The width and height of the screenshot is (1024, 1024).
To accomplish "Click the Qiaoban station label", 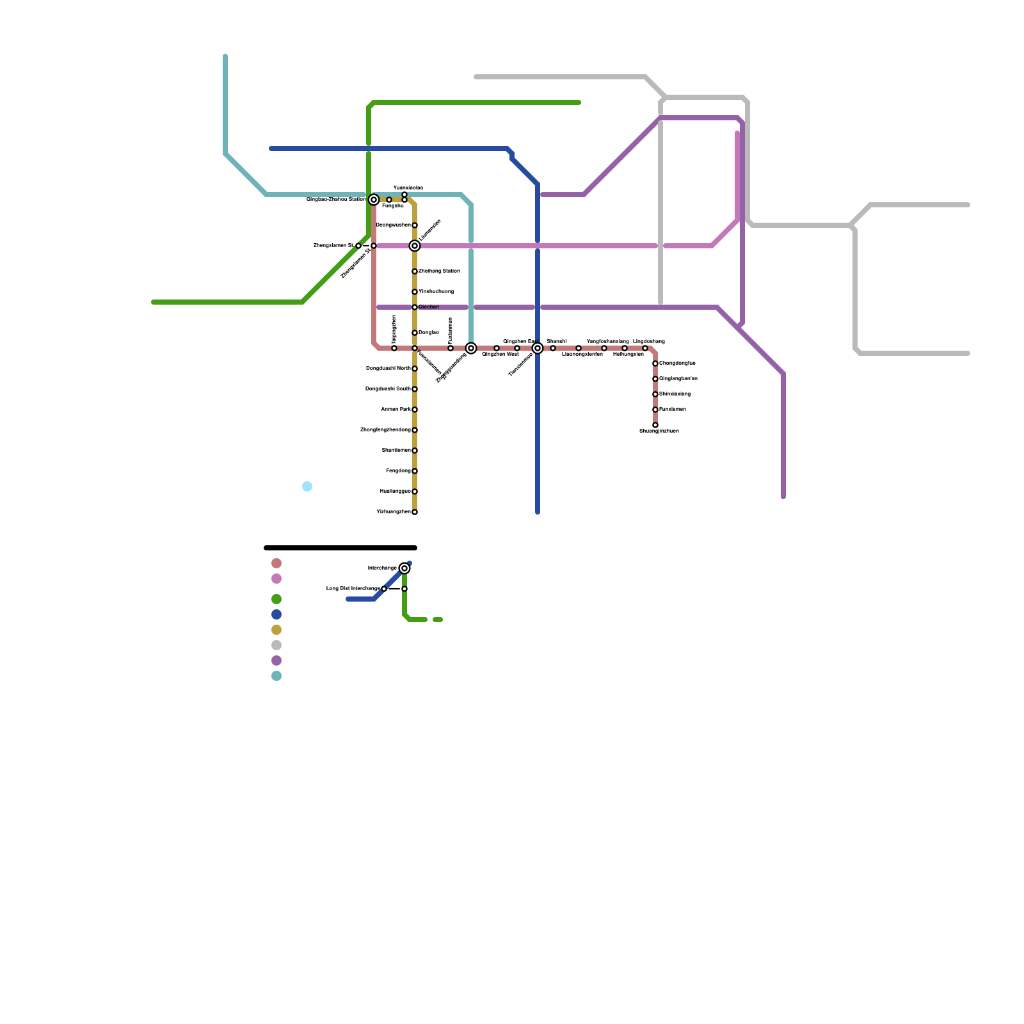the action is (429, 307).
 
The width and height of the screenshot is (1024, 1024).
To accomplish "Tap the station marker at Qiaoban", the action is (415, 307).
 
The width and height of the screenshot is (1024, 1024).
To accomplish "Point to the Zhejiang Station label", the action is (439, 271).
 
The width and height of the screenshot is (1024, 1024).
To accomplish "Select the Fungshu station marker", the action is (389, 200).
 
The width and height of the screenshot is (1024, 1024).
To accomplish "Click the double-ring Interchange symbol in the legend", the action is (404, 568).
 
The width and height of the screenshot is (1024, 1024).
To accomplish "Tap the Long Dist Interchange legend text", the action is (353, 589).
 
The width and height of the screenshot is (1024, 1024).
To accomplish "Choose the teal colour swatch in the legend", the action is (276, 676).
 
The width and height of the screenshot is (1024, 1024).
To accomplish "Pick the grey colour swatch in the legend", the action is (276, 645).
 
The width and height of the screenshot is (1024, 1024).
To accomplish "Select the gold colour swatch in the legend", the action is (276, 630).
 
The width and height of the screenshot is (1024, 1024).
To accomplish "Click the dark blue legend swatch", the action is (276, 614).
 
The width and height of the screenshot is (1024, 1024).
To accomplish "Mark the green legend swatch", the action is (276, 599).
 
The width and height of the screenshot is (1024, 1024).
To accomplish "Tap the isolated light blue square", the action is (307, 486).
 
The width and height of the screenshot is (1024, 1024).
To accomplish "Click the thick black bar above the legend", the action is (340, 548).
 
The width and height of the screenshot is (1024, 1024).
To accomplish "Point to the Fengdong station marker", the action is (415, 471).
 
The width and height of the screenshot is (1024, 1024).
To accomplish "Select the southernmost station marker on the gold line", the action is (415, 512).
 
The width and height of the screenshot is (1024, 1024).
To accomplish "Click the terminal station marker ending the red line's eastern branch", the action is (655, 425).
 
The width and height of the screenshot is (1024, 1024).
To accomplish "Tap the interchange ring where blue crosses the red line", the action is (538, 348).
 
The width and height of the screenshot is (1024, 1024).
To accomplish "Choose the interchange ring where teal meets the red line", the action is (471, 348).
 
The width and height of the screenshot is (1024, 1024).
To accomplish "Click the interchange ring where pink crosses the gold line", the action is (415, 246).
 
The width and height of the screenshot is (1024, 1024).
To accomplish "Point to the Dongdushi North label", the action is (388, 369).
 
